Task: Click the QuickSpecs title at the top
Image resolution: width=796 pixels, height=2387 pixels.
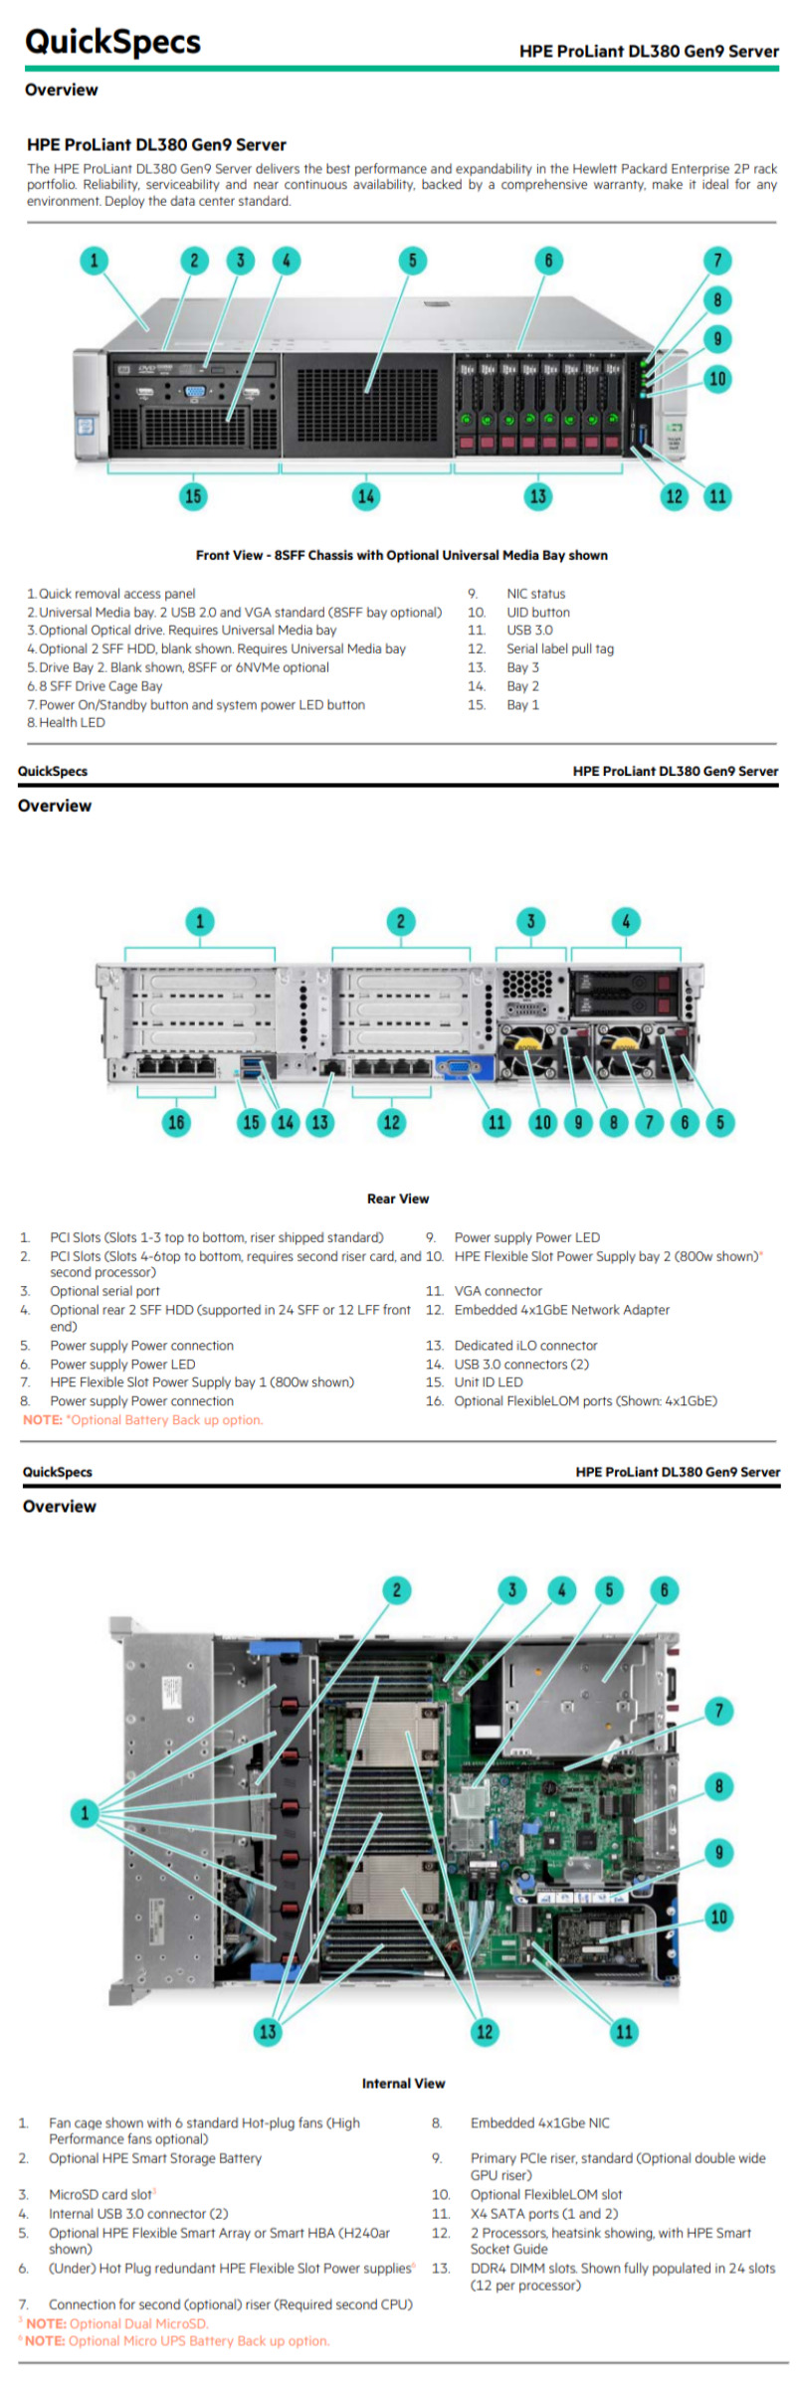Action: coord(112,42)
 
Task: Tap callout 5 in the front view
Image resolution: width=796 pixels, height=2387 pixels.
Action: coord(412,261)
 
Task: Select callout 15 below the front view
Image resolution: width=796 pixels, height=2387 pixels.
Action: coord(193,495)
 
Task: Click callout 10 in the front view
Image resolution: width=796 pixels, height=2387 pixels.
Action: coord(716,379)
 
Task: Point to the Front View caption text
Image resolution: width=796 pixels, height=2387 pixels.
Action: coord(401,555)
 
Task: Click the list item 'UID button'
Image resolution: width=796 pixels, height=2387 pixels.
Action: coord(538,613)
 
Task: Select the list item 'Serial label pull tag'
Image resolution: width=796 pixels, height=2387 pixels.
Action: coord(560,648)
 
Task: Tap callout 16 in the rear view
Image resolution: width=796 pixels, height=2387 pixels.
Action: coord(176,1122)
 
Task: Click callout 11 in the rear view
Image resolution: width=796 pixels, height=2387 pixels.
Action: coord(496,1122)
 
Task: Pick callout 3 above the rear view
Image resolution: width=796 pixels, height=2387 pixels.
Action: coord(530,921)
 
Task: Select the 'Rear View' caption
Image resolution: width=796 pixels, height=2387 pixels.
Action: coord(398,1198)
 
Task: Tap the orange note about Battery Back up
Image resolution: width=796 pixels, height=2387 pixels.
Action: coord(142,1420)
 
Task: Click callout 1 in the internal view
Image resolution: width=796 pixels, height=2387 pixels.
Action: coord(85,1812)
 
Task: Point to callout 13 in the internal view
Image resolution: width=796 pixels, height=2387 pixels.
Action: coord(268,2031)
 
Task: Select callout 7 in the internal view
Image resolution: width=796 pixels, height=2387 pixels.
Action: coord(718,1711)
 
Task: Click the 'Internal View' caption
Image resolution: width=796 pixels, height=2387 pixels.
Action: coord(403,2083)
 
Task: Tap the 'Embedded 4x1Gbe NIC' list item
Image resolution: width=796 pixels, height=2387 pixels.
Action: coord(539,2122)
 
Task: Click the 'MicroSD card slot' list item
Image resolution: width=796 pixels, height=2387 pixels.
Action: coord(100,2194)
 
